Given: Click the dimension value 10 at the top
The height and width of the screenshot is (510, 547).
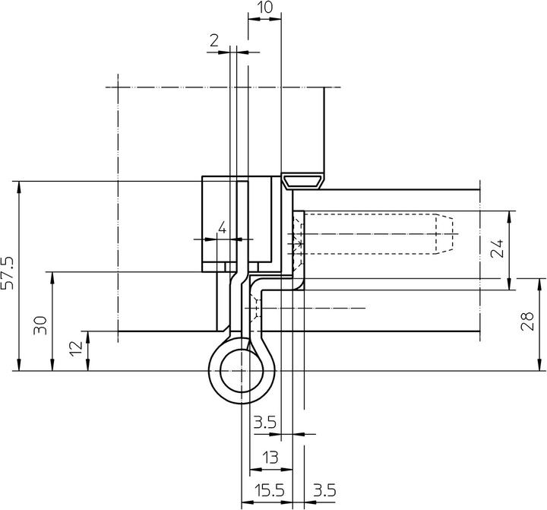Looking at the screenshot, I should [264, 8].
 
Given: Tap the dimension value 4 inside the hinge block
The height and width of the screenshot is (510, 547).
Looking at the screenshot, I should [222, 227].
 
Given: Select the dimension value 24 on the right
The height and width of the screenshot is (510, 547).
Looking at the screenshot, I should [498, 248].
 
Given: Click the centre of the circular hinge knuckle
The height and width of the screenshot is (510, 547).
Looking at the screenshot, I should [242, 371].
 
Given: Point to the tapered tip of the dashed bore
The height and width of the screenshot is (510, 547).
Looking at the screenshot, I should [447, 233].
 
